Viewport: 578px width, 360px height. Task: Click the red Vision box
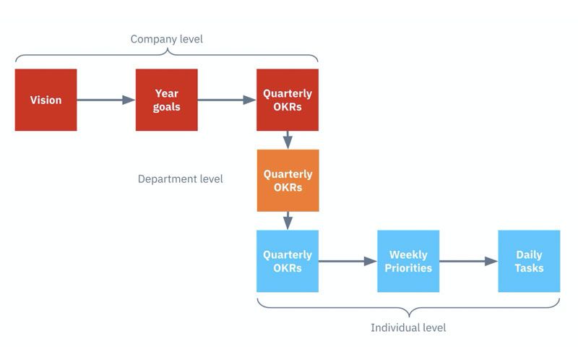pos(46,100)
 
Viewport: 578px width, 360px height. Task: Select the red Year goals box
pos(166,100)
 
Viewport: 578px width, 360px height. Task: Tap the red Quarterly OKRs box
pos(288,100)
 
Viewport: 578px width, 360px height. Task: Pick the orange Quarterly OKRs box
pos(288,181)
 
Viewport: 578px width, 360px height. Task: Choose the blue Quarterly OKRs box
pos(288,261)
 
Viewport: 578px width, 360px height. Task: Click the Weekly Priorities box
pos(408,261)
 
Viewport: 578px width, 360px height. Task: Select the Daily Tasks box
pos(529,261)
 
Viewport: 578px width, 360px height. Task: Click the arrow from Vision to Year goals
pos(106,100)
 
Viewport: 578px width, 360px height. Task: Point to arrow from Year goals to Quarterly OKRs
pos(227,100)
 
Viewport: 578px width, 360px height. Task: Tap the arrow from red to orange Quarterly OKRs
pos(288,140)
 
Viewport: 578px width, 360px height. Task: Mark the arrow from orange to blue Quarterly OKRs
pos(288,220)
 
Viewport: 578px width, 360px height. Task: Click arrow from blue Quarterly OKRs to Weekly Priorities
pos(348,261)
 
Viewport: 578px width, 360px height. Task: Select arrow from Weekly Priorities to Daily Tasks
pos(468,261)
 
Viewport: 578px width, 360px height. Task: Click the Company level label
pos(166,39)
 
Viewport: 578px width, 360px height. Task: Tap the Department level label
pos(181,179)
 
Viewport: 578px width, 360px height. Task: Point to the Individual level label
pos(408,327)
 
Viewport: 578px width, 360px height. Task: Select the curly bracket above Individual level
pos(408,307)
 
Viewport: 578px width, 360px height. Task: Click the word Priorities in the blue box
pos(408,268)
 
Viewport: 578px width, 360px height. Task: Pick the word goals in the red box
pos(166,107)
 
